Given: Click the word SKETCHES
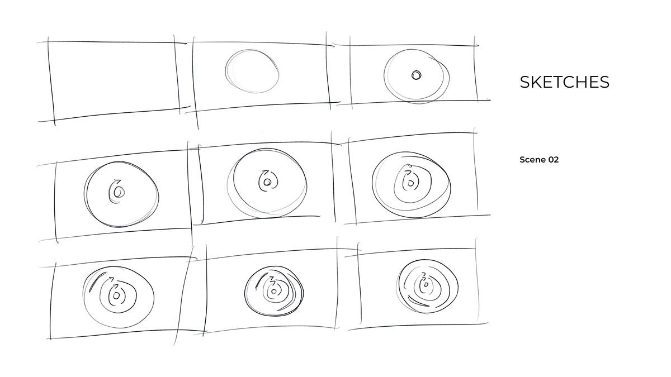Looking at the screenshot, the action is pos(564,82).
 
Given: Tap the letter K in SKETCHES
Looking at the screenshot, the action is pos(536,82).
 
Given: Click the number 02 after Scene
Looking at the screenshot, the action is pos(553,160).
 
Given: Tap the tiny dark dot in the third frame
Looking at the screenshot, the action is pos(416,75).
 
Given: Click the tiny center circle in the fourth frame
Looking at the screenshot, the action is pos(119,192).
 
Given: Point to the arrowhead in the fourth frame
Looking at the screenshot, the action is pos(118,181).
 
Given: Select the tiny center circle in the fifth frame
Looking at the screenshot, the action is pos(267,182).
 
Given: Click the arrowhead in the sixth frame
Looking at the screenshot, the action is pos(408,172).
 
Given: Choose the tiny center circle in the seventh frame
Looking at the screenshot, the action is pos(116,296).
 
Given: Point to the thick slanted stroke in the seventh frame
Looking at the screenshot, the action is pos(97,281).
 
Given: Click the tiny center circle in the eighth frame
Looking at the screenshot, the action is pos(273,291).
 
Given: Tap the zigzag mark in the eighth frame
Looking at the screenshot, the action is pos(273,280).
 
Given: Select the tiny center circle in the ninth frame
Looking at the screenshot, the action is pos(426,284).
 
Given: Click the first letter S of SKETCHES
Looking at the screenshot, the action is pos(525,82).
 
